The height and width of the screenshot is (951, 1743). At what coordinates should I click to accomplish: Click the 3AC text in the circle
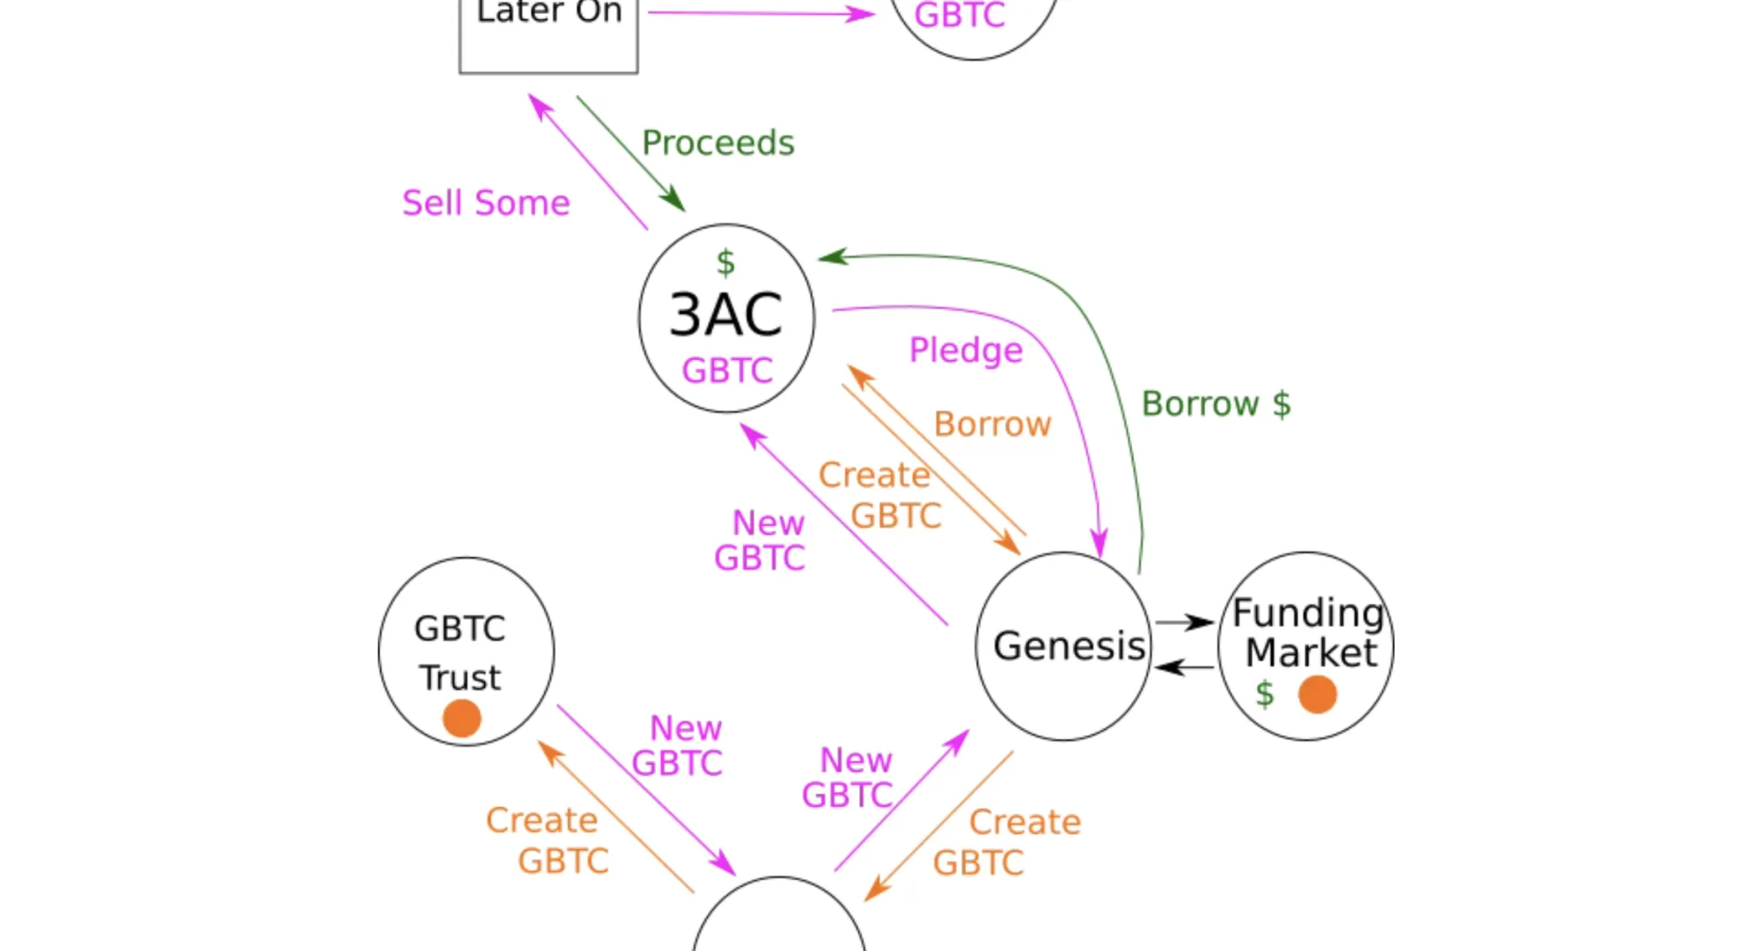pyautogui.click(x=726, y=314)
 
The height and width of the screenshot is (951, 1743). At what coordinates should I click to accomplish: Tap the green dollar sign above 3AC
pyautogui.click(x=725, y=262)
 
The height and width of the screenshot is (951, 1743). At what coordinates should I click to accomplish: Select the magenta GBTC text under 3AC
pyautogui.click(x=727, y=371)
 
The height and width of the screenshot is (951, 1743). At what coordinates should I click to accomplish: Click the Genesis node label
pyautogui.click(x=1069, y=645)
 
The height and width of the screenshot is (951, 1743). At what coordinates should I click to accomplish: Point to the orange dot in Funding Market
pyautogui.click(x=1318, y=694)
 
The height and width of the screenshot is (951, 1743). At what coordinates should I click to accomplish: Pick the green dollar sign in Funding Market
pyautogui.click(x=1265, y=694)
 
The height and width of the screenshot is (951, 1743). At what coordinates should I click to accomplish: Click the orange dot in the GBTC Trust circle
pyautogui.click(x=462, y=719)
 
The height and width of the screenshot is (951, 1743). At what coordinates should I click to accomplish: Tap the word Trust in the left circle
pyautogui.click(x=460, y=678)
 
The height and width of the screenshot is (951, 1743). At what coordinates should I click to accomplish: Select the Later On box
pyautogui.click(x=548, y=35)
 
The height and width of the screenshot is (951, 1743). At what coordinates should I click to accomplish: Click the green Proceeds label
pyautogui.click(x=717, y=143)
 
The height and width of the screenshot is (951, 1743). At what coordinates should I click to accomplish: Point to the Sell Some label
pyautogui.click(x=486, y=203)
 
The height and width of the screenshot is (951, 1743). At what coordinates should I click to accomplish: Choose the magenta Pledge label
pyautogui.click(x=966, y=350)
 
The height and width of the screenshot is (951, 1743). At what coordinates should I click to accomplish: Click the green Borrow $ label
pyautogui.click(x=1216, y=404)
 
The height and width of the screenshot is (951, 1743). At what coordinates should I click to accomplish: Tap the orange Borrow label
pyautogui.click(x=992, y=424)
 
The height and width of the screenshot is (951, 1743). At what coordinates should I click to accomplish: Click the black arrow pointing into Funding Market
pyautogui.click(x=1185, y=623)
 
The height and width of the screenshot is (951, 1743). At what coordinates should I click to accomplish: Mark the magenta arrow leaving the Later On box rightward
pyautogui.click(x=761, y=13)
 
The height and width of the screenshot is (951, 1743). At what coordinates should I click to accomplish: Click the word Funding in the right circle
pyautogui.click(x=1308, y=613)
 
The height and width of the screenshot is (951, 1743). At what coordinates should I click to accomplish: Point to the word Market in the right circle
pyautogui.click(x=1311, y=653)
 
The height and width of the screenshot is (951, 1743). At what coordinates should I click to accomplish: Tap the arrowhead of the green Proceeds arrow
pyautogui.click(x=675, y=201)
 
